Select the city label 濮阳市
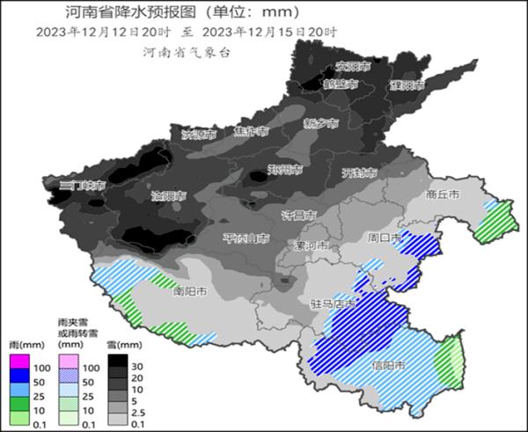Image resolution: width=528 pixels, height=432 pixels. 407,84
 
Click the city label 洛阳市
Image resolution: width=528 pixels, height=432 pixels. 168,195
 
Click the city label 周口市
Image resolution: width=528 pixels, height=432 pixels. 384,238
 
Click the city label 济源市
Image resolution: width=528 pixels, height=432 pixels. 198,135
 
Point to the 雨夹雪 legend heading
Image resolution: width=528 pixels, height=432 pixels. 72,325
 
